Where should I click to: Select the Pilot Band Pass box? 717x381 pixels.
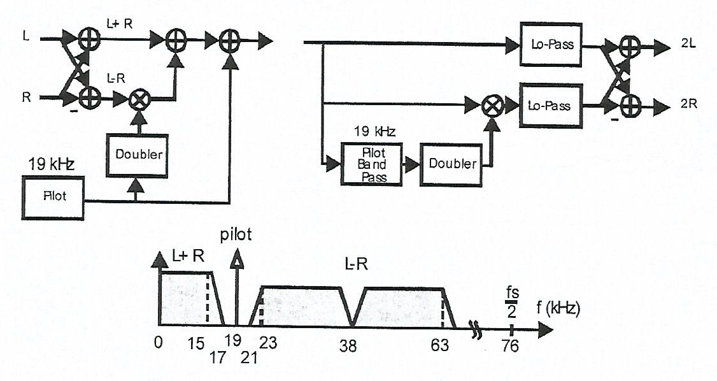(x=373, y=163)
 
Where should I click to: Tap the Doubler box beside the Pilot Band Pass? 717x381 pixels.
(x=452, y=164)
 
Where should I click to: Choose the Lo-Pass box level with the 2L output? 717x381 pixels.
(x=551, y=45)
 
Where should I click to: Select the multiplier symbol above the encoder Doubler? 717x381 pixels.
(x=138, y=98)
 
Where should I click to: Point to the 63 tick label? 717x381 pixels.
(x=439, y=346)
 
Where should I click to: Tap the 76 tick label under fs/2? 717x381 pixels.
(x=510, y=346)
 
